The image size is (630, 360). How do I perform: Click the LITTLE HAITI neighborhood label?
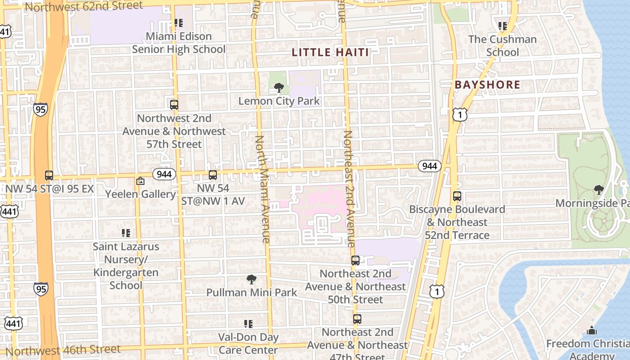point(330,52)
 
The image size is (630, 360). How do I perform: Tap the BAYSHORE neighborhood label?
point(487,85)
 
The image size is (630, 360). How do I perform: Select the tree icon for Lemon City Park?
point(279,88)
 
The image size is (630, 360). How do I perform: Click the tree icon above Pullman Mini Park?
point(252,279)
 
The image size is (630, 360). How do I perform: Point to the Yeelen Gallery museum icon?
point(140,181)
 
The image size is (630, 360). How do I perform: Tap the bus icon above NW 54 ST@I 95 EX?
point(49,175)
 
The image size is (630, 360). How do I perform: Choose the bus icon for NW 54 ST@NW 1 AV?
point(213,175)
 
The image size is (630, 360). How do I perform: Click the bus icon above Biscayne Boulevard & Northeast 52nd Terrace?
point(457,196)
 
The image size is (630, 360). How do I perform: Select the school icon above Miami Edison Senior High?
point(179,23)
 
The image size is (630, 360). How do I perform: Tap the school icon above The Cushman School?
point(502,26)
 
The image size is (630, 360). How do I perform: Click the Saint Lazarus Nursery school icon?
point(126,233)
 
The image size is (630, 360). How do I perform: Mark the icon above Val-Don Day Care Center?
point(248,324)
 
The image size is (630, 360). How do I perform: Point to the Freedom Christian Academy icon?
point(592,331)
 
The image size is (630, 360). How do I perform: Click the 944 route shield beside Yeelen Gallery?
point(164,174)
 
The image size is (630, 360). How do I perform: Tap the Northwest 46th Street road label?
point(63,350)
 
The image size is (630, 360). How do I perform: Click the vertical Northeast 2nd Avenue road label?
point(349,189)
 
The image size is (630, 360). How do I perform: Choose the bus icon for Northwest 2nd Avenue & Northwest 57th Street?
point(174,105)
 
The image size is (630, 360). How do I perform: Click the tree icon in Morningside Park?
point(598,190)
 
